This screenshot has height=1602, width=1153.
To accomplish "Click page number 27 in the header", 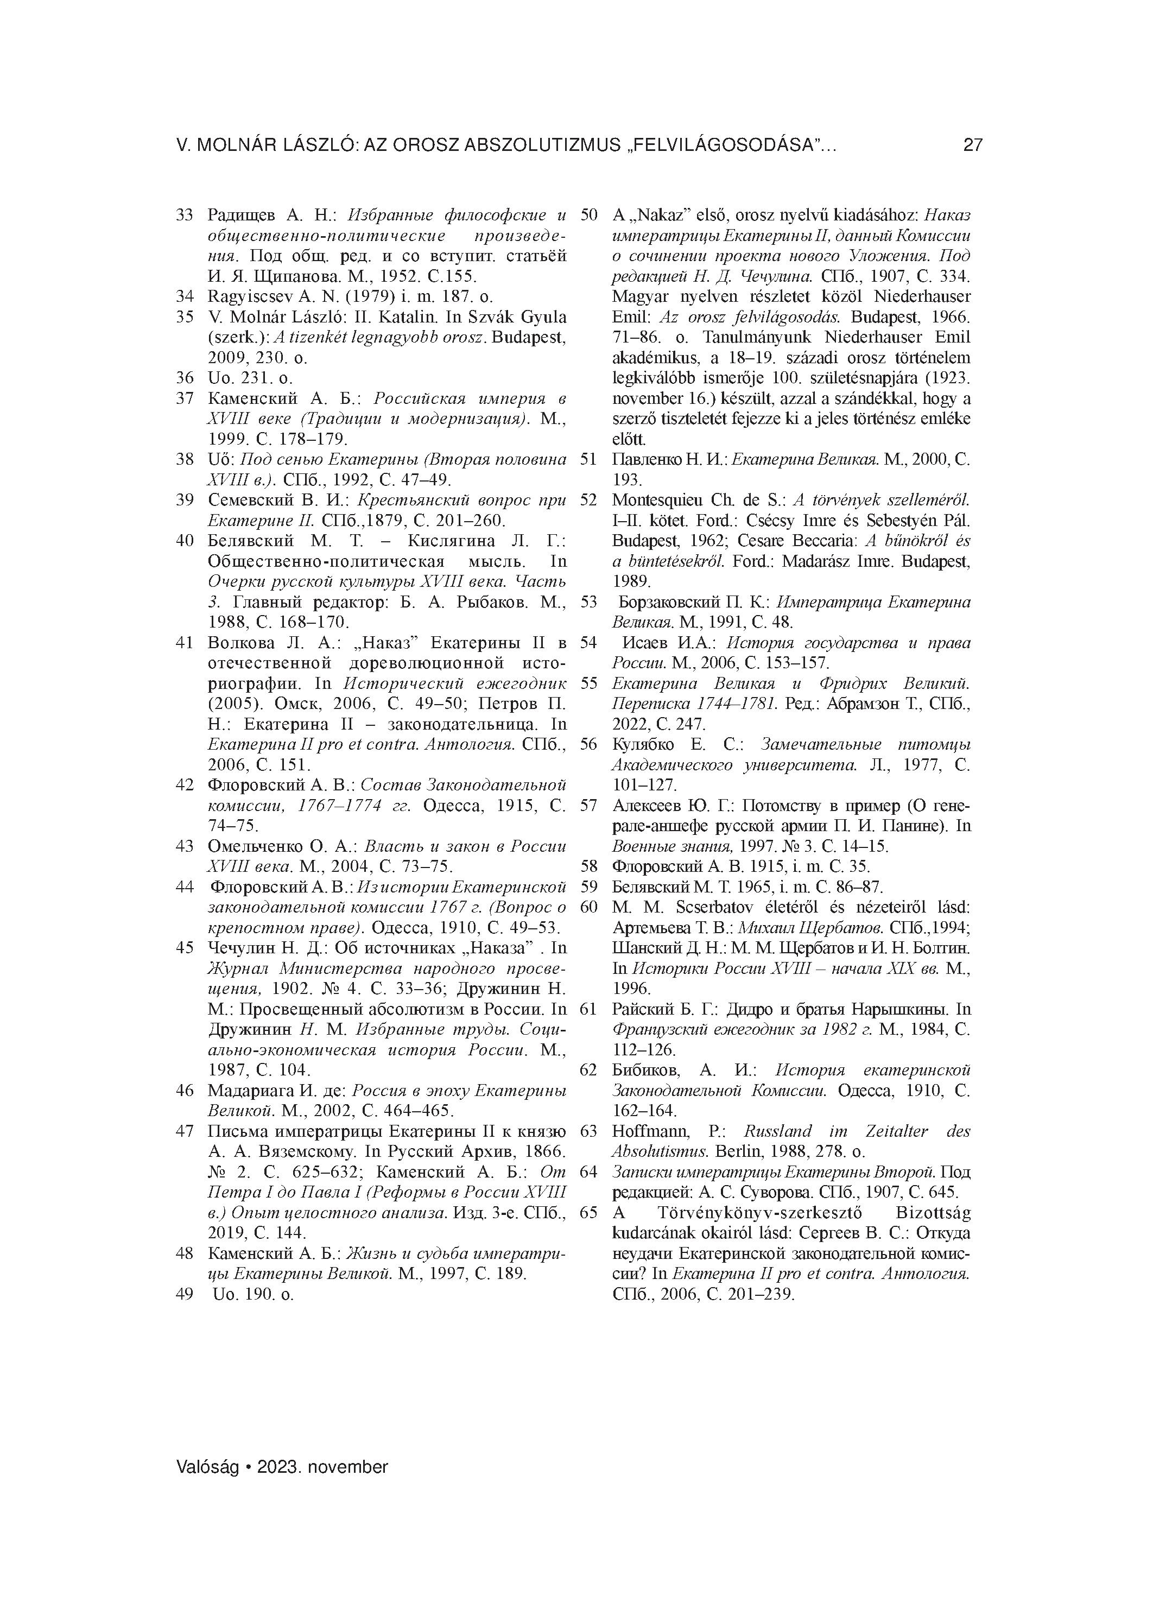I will pyautogui.click(x=972, y=145).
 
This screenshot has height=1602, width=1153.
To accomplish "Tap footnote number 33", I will pyautogui.click(x=185, y=215).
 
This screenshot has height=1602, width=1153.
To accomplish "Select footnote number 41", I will pyautogui.click(x=185, y=643).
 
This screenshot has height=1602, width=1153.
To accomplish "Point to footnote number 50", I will pyautogui.click(x=588, y=215).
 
